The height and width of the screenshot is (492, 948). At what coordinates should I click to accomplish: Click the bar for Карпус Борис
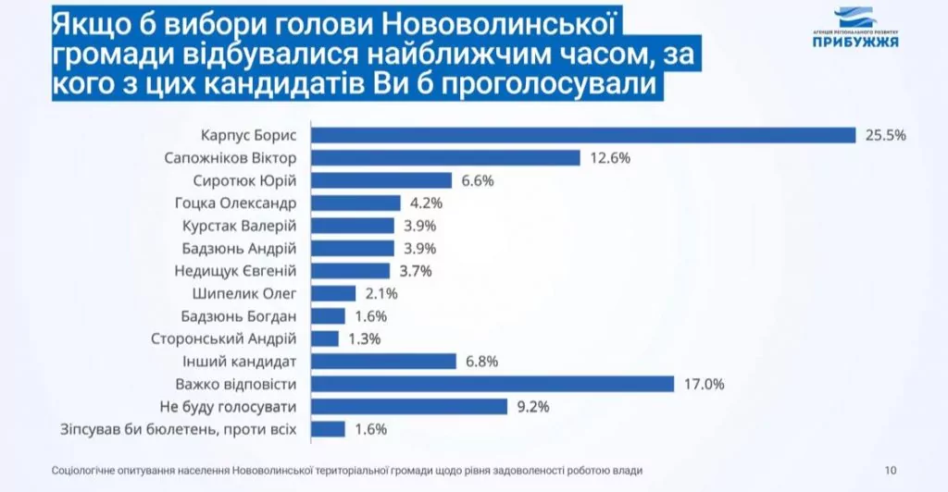click(x=583, y=135)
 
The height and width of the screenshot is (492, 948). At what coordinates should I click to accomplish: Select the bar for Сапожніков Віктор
click(x=445, y=158)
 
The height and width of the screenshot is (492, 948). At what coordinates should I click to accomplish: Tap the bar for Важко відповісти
click(x=493, y=384)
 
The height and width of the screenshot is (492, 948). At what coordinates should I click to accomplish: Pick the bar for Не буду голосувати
click(x=409, y=406)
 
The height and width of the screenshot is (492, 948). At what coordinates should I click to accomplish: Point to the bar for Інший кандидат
click(x=384, y=362)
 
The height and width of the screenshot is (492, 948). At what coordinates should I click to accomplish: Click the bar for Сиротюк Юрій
click(x=381, y=180)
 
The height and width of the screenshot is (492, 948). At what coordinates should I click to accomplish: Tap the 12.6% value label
click(x=609, y=158)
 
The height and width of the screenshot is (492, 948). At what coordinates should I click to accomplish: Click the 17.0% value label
click(x=703, y=384)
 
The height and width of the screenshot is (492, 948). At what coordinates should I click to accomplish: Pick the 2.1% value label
click(x=382, y=294)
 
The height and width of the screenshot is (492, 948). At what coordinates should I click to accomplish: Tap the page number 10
click(x=891, y=470)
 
